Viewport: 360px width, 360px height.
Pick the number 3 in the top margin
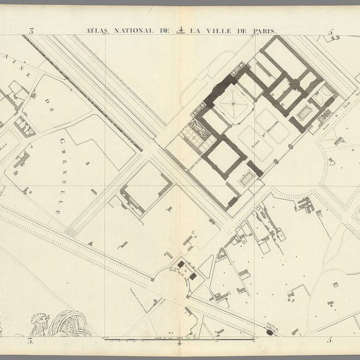(31, 31)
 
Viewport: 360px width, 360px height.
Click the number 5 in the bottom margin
(330, 340)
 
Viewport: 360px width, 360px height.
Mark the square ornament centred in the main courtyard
(233, 103)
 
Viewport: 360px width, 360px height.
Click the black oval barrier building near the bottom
(269, 332)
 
